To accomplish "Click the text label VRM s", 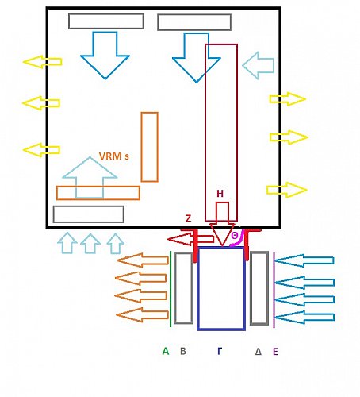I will (x=114, y=156).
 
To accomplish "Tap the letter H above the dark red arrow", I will (x=220, y=193).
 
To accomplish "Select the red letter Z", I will (x=188, y=218).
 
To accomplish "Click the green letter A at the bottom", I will (x=166, y=350).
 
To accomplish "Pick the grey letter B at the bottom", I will (x=183, y=350).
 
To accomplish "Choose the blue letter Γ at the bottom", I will (x=220, y=350).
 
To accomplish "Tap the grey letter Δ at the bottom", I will (x=258, y=350).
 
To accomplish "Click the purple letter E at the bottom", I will (x=275, y=350).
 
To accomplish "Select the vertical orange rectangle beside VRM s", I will (x=149, y=147).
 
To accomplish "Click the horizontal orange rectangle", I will (x=98, y=193).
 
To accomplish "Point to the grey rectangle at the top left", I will (x=105, y=21).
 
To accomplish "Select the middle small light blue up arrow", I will (x=90, y=243).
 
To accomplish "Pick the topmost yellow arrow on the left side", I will (x=41, y=61).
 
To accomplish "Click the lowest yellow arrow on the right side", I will (x=286, y=189).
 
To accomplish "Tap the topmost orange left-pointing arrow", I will (x=144, y=260).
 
